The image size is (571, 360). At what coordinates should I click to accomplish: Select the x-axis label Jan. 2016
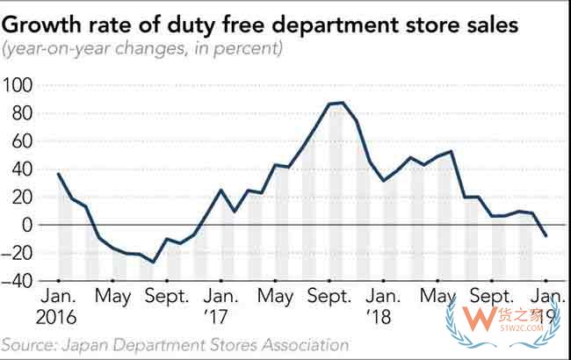click(x=58, y=307)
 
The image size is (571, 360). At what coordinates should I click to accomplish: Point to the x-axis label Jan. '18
click(x=384, y=307)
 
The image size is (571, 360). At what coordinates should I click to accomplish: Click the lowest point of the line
click(x=153, y=262)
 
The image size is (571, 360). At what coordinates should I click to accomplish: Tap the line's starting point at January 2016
click(x=58, y=174)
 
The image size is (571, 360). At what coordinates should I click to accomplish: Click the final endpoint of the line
click(x=546, y=235)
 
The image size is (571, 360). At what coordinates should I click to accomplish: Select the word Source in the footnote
click(x=27, y=345)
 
